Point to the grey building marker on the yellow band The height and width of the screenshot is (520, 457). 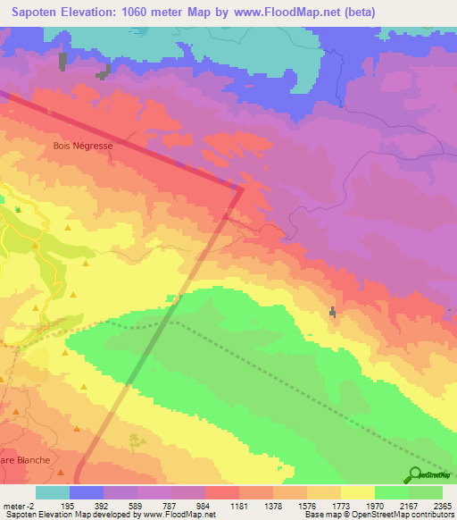click(x=334, y=313)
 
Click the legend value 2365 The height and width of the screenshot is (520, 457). click(x=443, y=506)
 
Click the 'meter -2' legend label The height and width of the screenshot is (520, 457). click(x=18, y=506)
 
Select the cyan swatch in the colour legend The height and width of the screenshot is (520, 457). click(x=52, y=492)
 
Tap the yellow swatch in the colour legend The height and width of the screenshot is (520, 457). click(x=357, y=492)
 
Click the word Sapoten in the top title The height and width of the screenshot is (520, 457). click(x=37, y=13)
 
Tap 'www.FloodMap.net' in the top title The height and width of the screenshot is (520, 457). click(x=289, y=13)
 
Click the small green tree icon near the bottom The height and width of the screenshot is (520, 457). click(x=135, y=440)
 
